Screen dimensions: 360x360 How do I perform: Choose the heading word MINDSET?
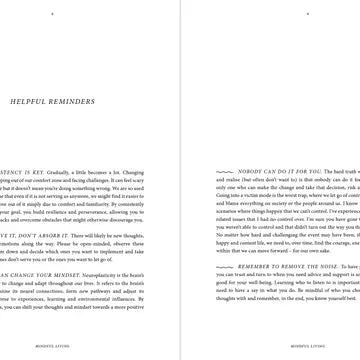pyautogui.click(x=51, y=299)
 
